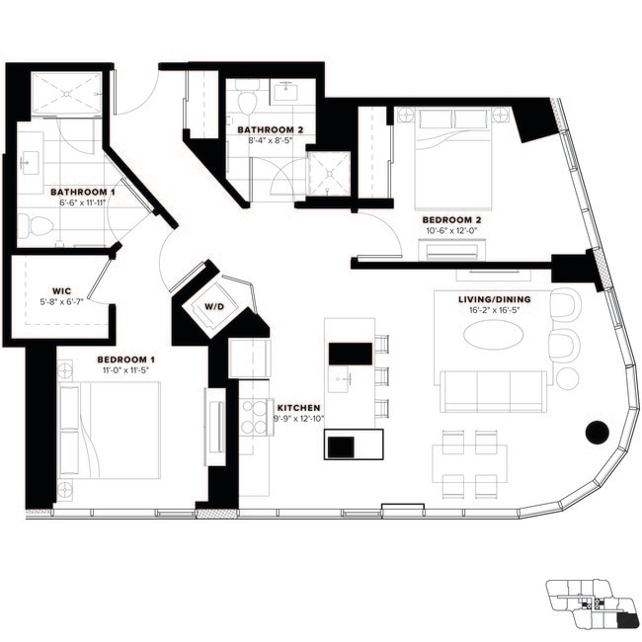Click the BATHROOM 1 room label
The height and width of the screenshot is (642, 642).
[x=83, y=193]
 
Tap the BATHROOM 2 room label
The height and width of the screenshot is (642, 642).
[x=269, y=129]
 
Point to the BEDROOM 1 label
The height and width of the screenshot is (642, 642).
[x=125, y=359]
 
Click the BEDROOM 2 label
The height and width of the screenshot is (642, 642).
[x=451, y=219]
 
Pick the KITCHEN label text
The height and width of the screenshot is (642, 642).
[x=297, y=407]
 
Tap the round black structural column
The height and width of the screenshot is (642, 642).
[x=597, y=432]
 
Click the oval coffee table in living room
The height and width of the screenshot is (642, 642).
[x=494, y=336]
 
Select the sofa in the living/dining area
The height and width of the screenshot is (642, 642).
[x=495, y=391]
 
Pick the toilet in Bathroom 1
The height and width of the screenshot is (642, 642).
[x=38, y=226]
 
